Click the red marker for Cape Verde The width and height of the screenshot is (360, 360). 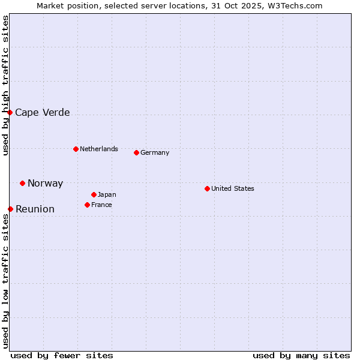(10, 112)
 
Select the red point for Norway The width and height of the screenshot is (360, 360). (23, 183)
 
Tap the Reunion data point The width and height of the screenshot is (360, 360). (11, 209)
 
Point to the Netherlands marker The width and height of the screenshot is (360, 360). (76, 149)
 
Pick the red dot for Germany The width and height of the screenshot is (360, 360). (136, 152)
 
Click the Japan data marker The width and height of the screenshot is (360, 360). (94, 194)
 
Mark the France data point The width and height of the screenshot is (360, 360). (87, 205)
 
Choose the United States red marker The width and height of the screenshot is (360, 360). (207, 188)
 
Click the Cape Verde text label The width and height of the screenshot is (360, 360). (42, 113)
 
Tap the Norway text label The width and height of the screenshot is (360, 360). (45, 184)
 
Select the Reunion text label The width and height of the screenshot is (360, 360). (35, 209)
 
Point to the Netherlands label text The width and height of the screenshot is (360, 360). (99, 149)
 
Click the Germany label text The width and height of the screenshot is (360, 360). (155, 153)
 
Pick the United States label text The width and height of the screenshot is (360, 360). (233, 188)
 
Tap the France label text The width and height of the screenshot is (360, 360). (101, 205)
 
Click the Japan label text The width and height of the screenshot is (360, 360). (107, 195)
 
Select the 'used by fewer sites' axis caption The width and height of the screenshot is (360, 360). (62, 355)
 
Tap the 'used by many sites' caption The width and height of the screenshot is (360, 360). (301, 355)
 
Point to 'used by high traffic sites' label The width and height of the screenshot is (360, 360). (6, 85)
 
